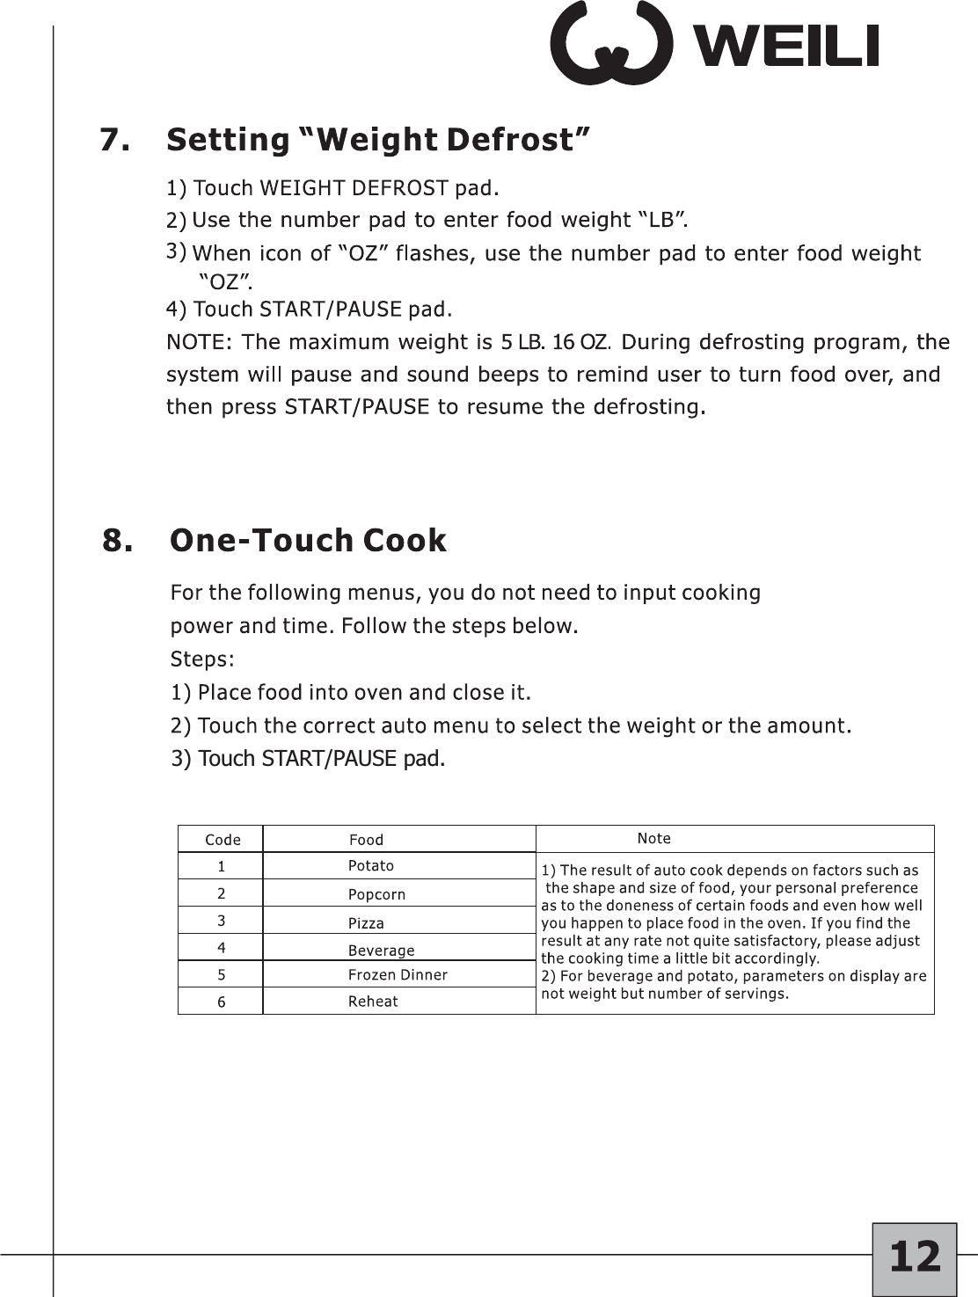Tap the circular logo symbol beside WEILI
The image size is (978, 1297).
pyautogui.click(x=610, y=43)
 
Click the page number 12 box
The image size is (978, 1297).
pyautogui.click(x=914, y=1257)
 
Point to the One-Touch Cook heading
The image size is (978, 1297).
pyautogui.click(x=308, y=540)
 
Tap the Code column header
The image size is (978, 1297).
pyautogui.click(x=223, y=840)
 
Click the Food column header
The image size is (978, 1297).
pyautogui.click(x=366, y=840)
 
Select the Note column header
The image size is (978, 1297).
pyautogui.click(x=653, y=839)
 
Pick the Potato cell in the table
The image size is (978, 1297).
pyautogui.click(x=371, y=866)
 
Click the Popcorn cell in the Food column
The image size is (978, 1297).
pyautogui.click(x=376, y=894)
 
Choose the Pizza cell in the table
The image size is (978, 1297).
pyautogui.click(x=366, y=923)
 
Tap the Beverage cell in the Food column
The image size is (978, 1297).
pyautogui.click(x=381, y=951)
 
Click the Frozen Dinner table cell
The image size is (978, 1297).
pyautogui.click(x=398, y=975)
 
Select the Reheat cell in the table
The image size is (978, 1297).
pyautogui.click(x=373, y=1002)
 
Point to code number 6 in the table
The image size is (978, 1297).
pyautogui.click(x=222, y=1002)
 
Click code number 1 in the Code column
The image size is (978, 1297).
pyautogui.click(x=222, y=867)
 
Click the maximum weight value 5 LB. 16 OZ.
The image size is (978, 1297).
pyautogui.click(x=554, y=342)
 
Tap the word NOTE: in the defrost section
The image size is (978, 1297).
pyautogui.click(x=199, y=342)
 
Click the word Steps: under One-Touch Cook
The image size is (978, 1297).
pyautogui.click(x=202, y=659)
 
